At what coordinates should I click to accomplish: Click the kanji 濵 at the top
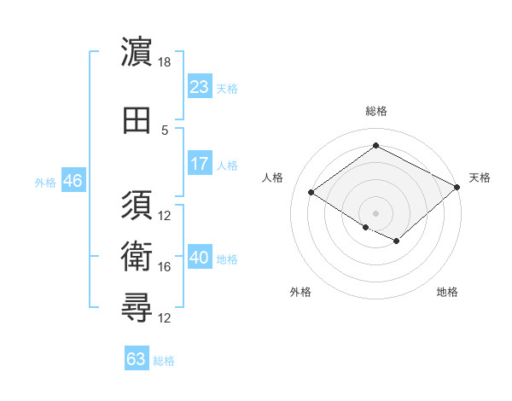click(x=137, y=53)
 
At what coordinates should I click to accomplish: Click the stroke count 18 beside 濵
click(x=166, y=62)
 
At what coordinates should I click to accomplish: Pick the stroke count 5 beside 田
click(x=166, y=130)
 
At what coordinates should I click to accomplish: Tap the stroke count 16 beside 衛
click(x=166, y=267)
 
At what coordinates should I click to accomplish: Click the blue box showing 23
click(x=199, y=87)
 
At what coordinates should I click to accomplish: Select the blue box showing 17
click(x=199, y=164)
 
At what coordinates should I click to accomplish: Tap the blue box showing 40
click(x=199, y=258)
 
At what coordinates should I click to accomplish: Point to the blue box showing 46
click(x=72, y=182)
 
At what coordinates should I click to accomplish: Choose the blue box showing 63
click(x=137, y=359)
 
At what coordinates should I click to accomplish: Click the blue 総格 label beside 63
click(x=165, y=361)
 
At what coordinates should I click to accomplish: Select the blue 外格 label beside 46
click(x=45, y=183)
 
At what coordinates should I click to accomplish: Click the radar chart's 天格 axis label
click(x=480, y=177)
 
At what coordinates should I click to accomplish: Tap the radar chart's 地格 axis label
click(x=447, y=292)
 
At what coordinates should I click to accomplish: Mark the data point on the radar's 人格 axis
click(x=311, y=193)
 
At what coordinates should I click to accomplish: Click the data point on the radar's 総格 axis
click(x=375, y=146)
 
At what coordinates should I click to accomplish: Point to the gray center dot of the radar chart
click(x=375, y=212)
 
